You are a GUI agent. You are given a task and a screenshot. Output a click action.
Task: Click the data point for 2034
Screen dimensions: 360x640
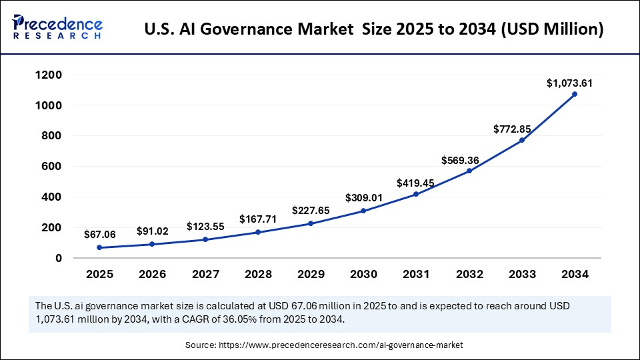click(574, 94)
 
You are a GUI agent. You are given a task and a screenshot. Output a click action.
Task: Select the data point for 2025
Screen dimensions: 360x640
click(99, 247)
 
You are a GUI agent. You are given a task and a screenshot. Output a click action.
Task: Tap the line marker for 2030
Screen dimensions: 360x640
click(363, 211)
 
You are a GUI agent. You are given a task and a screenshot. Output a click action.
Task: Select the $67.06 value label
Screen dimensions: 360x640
click(98, 234)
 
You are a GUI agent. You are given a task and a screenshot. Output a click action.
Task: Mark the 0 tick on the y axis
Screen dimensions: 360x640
click(59, 258)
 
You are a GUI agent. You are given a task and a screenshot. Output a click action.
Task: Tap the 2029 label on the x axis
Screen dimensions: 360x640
click(310, 274)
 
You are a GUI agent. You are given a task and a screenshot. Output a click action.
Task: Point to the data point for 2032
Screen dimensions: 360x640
click(469, 171)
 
